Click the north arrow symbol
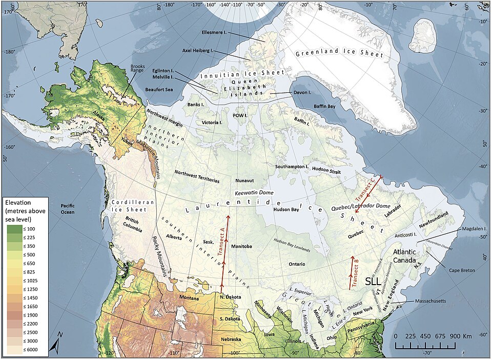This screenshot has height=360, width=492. pos(55,347)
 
